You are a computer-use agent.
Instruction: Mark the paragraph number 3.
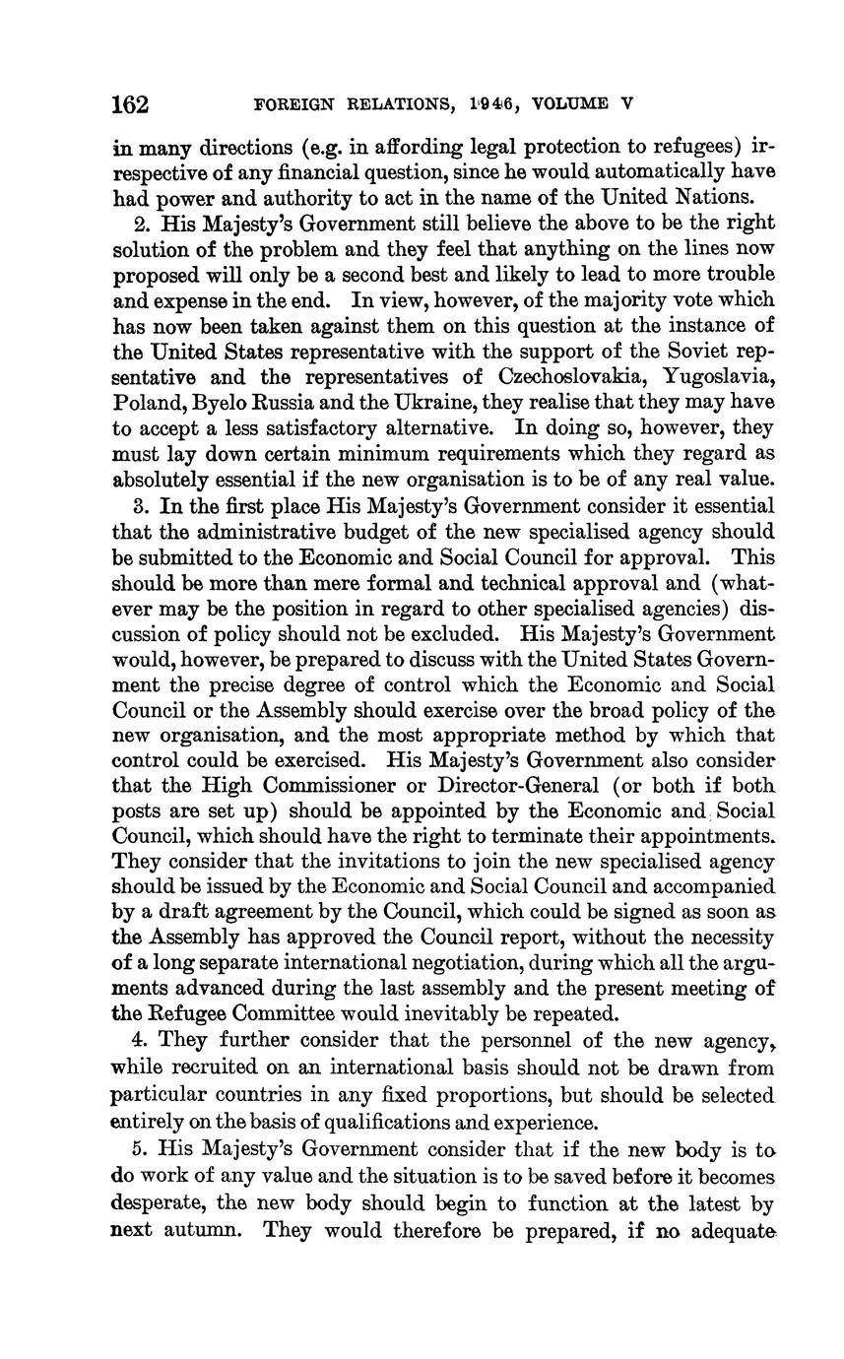(x=138, y=506)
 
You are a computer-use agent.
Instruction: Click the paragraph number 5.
(x=138, y=1149)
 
